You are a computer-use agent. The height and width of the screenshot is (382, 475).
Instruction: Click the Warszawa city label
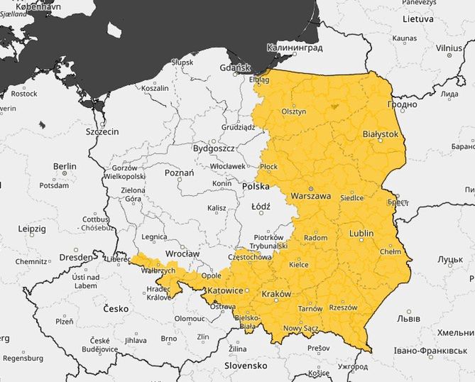click(311, 196)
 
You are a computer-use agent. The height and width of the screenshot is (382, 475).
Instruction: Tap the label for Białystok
click(381, 133)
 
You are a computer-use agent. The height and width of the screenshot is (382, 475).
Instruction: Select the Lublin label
click(367, 233)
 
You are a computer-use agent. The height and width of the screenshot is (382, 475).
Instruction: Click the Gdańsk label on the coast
click(235, 68)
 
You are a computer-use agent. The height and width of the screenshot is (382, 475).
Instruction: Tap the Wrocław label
click(182, 253)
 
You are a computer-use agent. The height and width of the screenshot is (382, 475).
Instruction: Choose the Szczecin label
click(102, 131)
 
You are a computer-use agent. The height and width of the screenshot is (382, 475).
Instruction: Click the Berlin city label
click(65, 166)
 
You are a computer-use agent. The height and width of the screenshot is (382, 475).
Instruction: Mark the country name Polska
click(256, 186)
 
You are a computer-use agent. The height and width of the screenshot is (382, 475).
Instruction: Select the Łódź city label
click(261, 207)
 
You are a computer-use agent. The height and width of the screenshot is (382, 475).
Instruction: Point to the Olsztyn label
click(293, 111)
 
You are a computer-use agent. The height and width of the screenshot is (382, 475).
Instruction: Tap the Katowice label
click(224, 291)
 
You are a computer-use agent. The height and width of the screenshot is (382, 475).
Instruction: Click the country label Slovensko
click(245, 366)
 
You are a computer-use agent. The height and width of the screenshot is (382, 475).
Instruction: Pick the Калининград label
click(295, 48)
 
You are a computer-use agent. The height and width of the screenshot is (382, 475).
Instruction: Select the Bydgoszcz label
click(214, 148)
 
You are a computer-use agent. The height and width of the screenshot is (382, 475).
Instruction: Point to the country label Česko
click(116, 309)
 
